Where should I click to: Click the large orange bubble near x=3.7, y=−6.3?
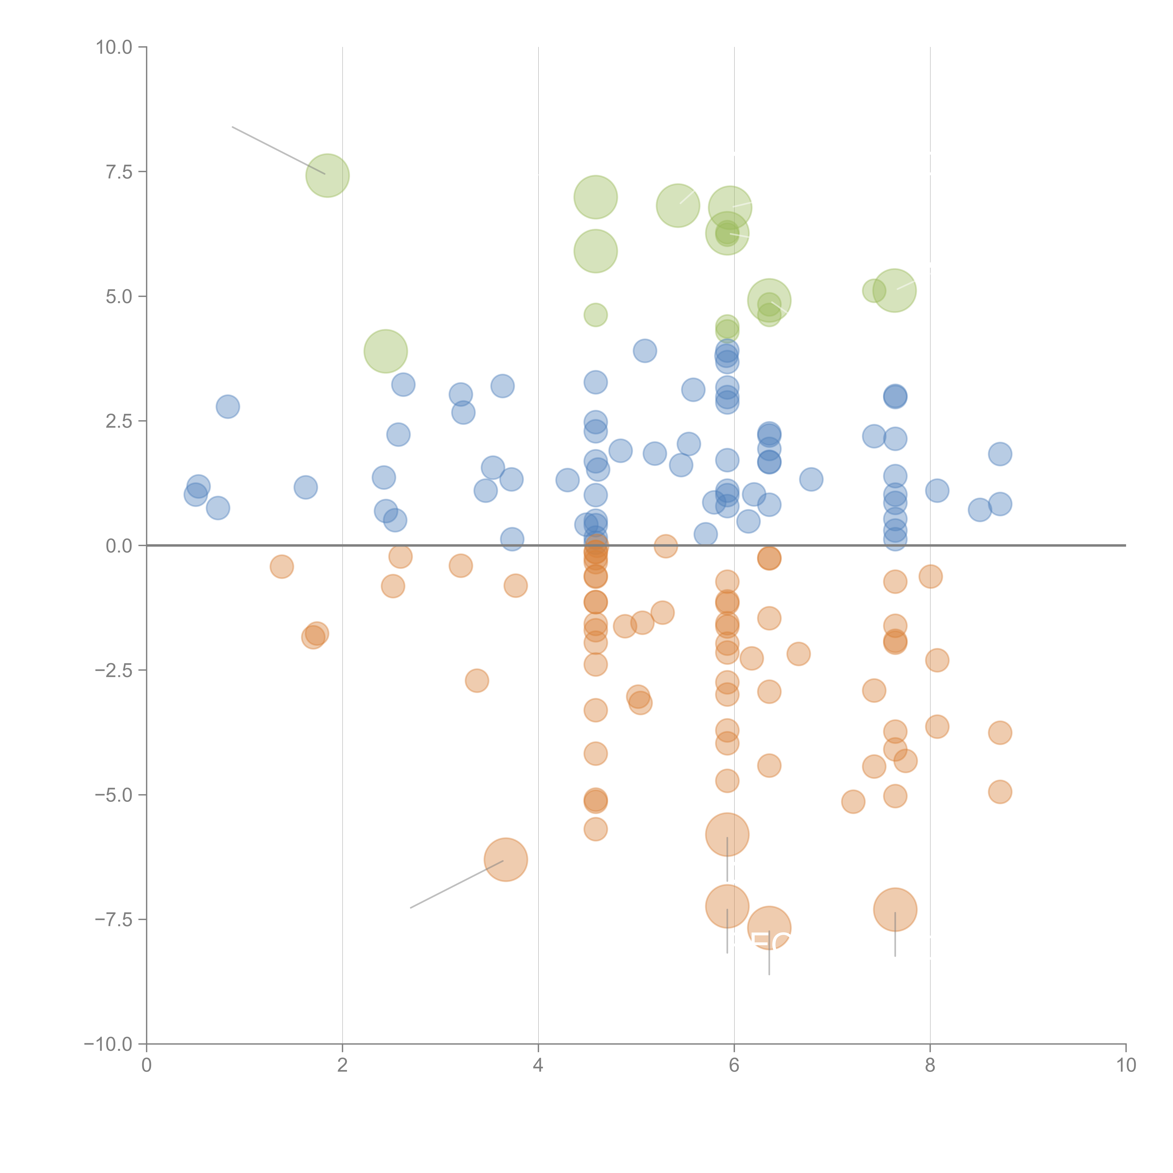506,859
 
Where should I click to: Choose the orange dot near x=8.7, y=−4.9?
1000,792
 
